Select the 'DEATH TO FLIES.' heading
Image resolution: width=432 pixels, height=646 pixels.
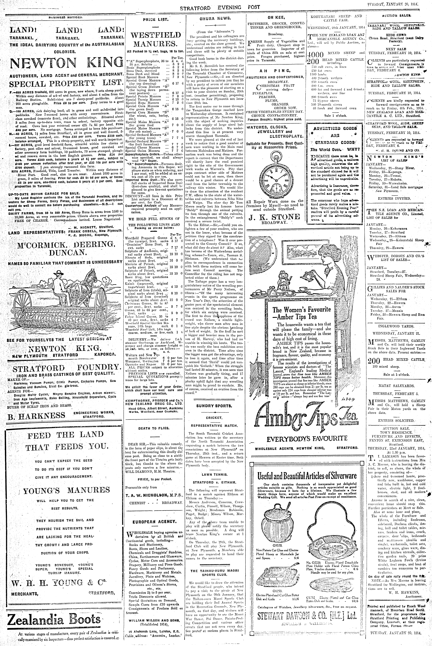(154, 428)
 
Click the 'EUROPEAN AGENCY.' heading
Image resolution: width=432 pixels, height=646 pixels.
(154, 522)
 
